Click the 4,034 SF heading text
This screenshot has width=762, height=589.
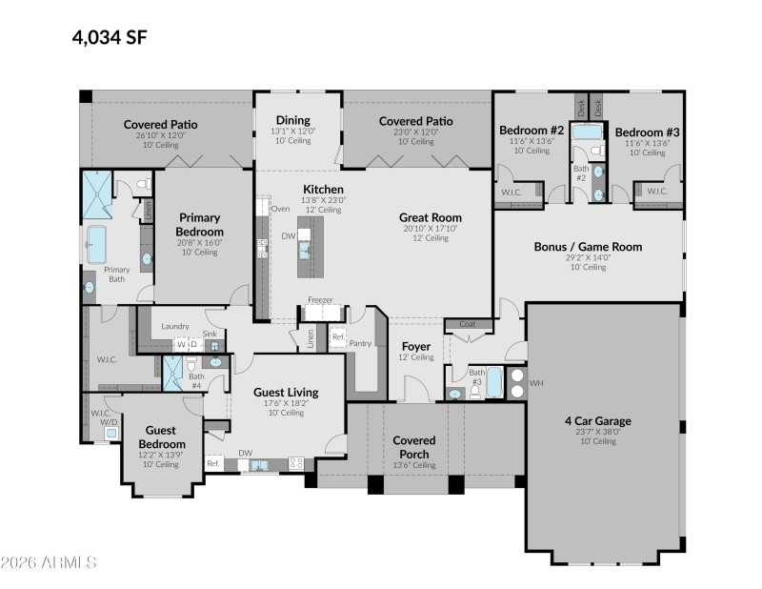point(110,38)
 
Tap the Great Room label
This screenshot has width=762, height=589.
point(430,217)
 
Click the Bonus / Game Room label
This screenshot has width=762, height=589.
point(588,246)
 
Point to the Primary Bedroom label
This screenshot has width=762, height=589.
point(200,224)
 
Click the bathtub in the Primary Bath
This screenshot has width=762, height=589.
point(97,244)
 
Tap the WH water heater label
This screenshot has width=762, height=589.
point(535,382)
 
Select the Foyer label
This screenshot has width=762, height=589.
point(416,346)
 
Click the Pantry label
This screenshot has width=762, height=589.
point(360,342)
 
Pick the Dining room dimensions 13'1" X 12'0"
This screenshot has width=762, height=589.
point(292,132)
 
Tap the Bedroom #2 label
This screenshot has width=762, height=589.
point(531,130)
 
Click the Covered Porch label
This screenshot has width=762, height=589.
point(414,447)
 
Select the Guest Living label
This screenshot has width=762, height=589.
point(285,392)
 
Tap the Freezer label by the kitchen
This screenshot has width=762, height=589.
point(320,300)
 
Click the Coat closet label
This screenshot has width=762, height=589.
point(467,323)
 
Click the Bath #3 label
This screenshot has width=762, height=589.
point(475,375)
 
